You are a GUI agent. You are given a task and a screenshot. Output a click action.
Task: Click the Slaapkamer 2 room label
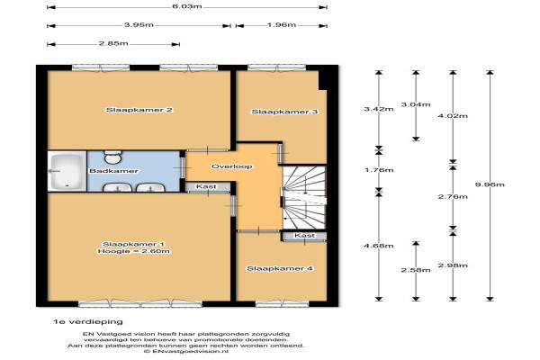click(x=139, y=110)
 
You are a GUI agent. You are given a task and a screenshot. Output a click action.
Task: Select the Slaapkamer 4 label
click(x=280, y=268)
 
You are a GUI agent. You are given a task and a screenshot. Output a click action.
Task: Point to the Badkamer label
click(x=113, y=171)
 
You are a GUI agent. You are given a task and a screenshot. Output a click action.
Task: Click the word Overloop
click(x=232, y=166)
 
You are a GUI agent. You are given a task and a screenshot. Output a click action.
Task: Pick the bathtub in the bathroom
click(x=67, y=171)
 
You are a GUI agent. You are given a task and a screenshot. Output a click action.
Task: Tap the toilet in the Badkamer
click(x=112, y=157)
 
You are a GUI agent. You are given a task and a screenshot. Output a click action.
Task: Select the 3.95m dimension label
click(x=139, y=25)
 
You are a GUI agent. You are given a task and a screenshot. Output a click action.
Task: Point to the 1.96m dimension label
click(x=282, y=25)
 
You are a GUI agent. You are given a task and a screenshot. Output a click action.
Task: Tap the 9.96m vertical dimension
click(x=490, y=184)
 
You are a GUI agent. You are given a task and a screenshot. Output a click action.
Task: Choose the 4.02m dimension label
click(x=453, y=116)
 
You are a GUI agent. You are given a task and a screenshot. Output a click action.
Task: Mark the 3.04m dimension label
click(x=416, y=104)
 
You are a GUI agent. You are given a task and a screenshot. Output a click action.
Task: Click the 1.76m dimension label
click(x=379, y=170)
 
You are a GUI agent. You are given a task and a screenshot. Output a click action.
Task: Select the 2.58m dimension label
click(x=416, y=270)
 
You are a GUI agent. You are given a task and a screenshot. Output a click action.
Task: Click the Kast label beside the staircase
click(x=304, y=235)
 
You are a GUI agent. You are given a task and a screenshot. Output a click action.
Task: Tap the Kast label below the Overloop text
click(x=206, y=186)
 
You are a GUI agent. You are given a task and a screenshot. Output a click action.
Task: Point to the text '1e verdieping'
click(x=88, y=322)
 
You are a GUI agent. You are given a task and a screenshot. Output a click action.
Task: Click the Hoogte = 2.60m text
click(x=133, y=251)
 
